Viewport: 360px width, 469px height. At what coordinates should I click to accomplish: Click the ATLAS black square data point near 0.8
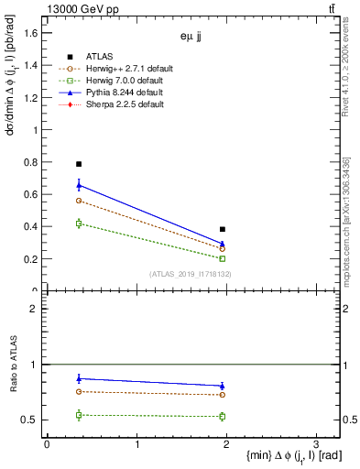pyautogui.click(x=79, y=164)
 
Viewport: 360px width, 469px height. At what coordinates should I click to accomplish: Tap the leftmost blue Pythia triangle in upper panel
pyautogui.click(x=79, y=185)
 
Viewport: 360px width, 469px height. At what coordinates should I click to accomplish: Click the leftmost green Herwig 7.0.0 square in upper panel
pyautogui.click(x=79, y=224)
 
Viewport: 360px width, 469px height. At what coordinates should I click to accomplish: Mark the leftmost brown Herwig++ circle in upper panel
pyautogui.click(x=79, y=200)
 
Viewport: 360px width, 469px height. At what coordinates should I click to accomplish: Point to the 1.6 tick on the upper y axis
pyautogui.click(x=29, y=33)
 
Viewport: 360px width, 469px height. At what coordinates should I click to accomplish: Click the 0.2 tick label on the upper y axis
pyautogui.click(x=29, y=258)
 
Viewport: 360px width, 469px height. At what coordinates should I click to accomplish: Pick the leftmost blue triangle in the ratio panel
pyautogui.click(x=79, y=378)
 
